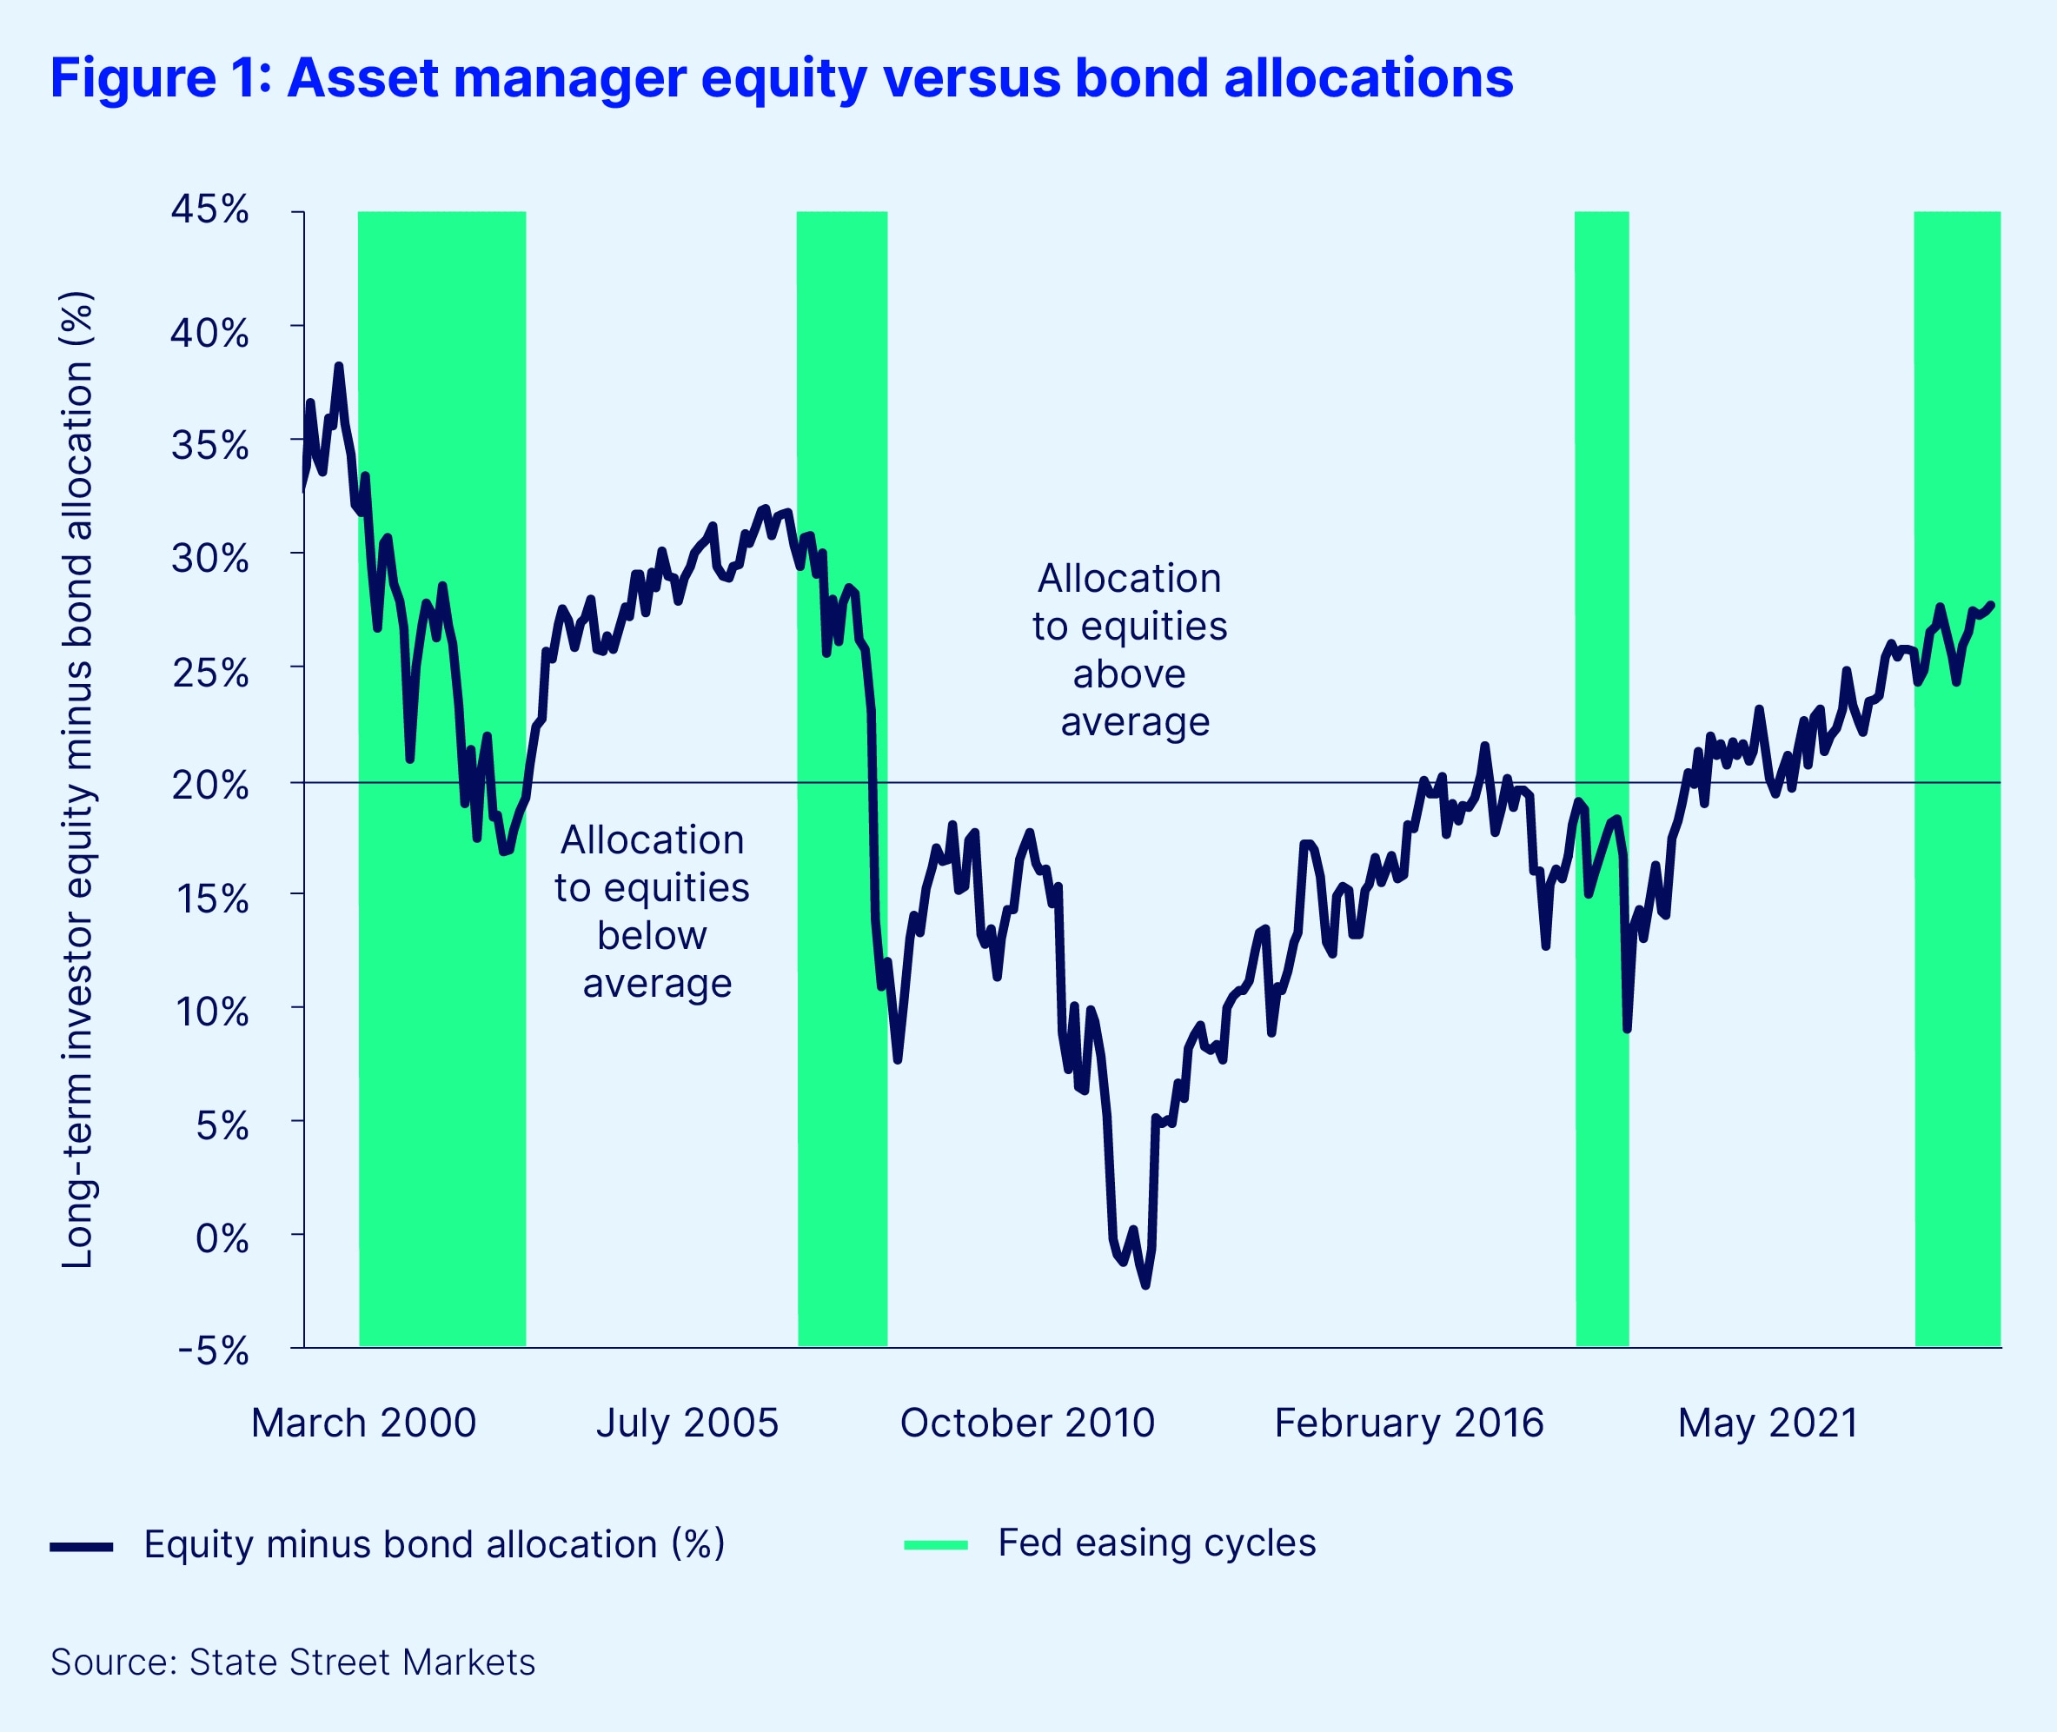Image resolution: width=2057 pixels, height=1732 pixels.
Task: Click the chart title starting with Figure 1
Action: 780,78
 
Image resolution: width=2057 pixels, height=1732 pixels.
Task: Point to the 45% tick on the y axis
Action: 209,210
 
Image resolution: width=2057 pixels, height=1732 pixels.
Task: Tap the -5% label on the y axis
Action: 213,1351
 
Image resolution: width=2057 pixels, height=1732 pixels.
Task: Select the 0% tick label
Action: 222,1238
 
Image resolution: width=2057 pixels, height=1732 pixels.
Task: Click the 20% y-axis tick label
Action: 209,785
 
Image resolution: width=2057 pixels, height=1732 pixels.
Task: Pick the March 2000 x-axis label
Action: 363,1423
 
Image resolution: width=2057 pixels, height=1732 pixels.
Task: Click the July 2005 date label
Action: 687,1423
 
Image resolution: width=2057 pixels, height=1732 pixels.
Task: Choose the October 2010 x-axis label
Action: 1027,1423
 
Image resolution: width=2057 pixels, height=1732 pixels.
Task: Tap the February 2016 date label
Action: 1408,1423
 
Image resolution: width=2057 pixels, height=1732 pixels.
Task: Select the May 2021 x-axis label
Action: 1768,1423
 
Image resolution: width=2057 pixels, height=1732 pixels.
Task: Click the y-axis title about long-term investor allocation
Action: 77,780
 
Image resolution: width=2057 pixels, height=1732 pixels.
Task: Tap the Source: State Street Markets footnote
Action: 293,1662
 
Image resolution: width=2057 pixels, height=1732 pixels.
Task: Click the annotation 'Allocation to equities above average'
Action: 1130,650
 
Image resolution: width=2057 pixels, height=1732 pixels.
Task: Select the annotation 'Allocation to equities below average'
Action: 653,911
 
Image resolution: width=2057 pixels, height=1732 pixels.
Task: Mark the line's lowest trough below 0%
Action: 1145,1284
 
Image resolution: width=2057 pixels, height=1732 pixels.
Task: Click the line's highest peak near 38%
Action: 339,366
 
